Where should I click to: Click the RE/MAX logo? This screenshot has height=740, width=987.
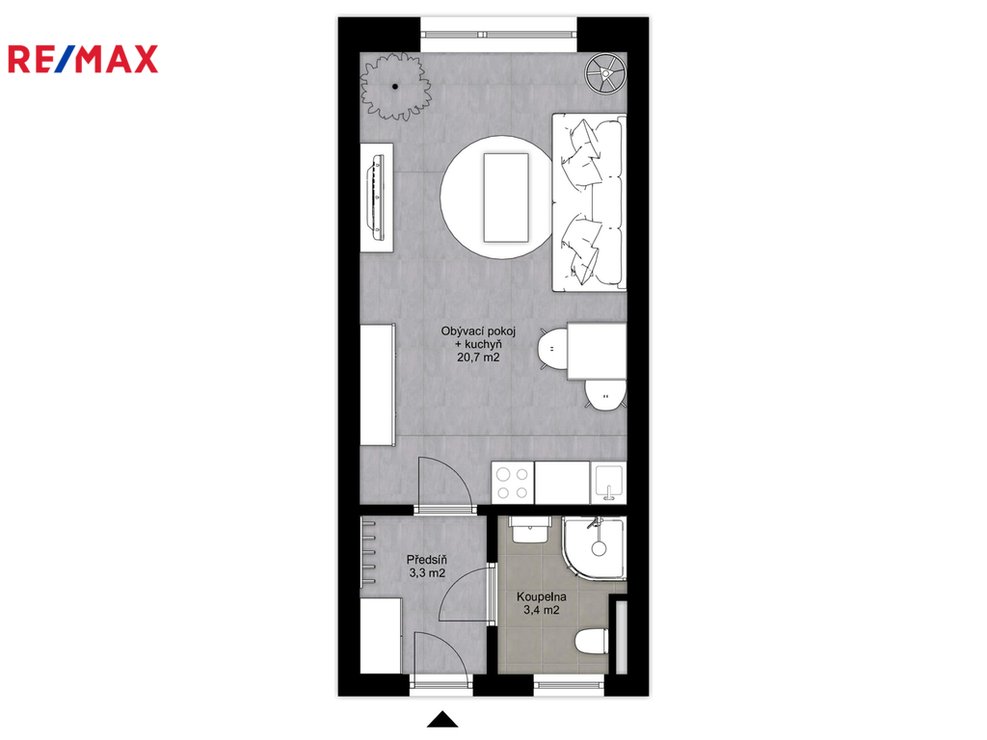(x=83, y=59)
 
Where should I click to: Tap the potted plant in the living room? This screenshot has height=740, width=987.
(x=395, y=86)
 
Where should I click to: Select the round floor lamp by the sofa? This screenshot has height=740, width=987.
(x=605, y=73)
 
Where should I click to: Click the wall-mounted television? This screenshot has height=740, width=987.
(x=377, y=197)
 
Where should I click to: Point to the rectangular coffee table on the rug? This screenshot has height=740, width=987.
(x=505, y=197)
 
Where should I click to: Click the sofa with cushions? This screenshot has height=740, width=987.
(x=589, y=202)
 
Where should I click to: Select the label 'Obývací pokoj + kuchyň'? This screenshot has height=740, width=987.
(x=478, y=337)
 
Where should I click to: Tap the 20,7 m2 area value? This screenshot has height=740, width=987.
(x=478, y=357)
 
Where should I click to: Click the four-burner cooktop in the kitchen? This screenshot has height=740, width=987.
(x=513, y=484)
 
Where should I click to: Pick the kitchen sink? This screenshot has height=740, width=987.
(x=608, y=484)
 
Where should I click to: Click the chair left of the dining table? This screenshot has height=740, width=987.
(x=552, y=348)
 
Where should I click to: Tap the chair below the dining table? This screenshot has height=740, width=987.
(x=605, y=395)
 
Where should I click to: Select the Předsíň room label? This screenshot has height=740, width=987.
(x=427, y=560)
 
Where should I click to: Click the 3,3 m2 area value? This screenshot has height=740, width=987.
(x=427, y=573)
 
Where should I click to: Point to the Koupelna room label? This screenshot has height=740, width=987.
(x=542, y=596)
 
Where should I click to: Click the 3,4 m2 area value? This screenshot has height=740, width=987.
(x=542, y=610)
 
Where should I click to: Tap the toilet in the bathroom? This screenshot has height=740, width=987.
(x=592, y=641)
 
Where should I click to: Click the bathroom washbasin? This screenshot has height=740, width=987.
(x=531, y=530)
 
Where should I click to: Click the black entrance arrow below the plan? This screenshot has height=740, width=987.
(x=442, y=719)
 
